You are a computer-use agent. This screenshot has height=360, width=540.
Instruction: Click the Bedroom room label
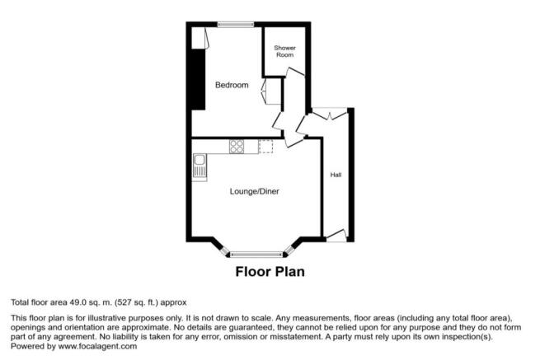point(232,85)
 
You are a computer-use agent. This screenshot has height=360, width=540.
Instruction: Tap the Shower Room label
point(285,51)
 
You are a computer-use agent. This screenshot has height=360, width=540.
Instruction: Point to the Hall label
point(336,175)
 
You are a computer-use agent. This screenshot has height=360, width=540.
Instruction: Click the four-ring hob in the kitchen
point(237,147)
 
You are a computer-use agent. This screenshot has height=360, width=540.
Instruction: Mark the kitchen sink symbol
point(199,167)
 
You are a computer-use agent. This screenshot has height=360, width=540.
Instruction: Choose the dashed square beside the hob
point(265,147)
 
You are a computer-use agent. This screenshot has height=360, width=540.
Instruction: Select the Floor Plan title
point(270,272)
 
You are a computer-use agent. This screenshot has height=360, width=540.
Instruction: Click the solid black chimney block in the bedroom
point(197,79)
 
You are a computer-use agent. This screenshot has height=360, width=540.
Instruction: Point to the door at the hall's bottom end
point(336,236)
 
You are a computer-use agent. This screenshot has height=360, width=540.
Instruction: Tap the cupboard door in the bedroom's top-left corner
point(199,38)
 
